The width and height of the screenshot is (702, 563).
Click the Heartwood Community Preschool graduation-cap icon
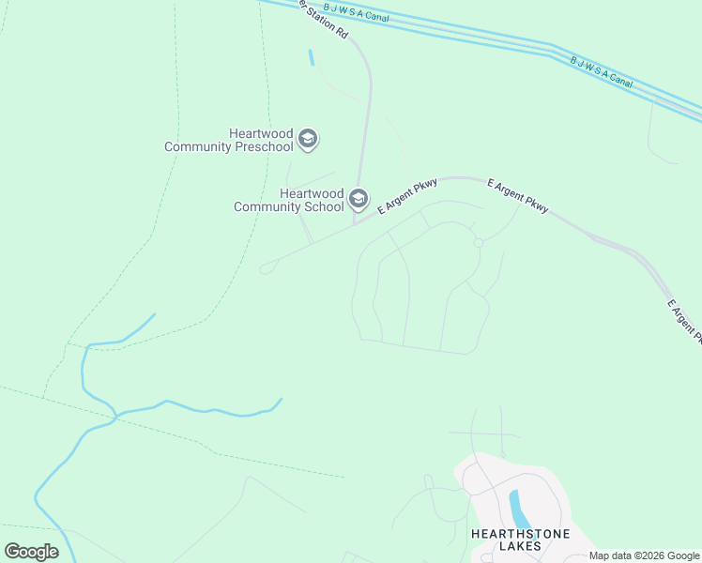[x=307, y=141]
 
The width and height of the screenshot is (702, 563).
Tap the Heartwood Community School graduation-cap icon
[x=358, y=199]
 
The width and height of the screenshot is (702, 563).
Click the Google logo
[x=32, y=552]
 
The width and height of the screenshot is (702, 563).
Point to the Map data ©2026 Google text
[x=644, y=555]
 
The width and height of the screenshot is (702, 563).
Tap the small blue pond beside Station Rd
[x=311, y=57]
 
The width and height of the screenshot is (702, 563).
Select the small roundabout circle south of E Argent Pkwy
[x=479, y=243]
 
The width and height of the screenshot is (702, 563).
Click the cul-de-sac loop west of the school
[x=267, y=267]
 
